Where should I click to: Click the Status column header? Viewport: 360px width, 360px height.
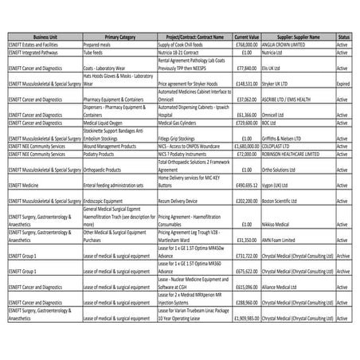point(342,36)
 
